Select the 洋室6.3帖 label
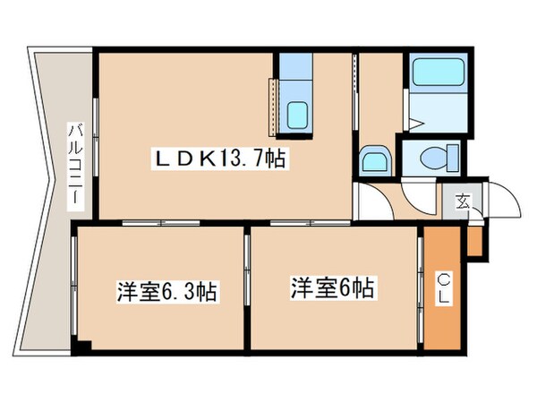click(168, 292)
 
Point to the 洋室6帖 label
click(332, 288)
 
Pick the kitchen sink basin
click(296, 115)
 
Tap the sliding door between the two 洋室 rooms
click(246, 288)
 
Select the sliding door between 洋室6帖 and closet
click(420, 288)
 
